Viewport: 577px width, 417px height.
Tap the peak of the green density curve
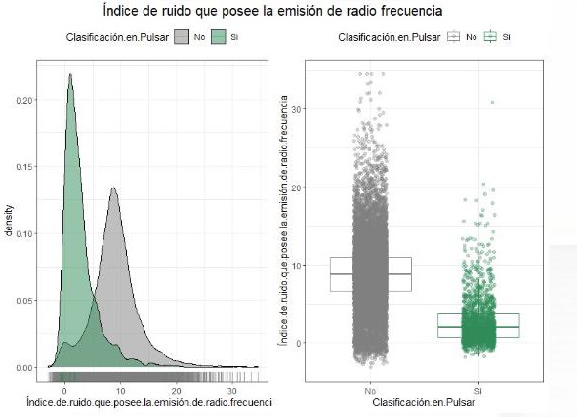click(x=70, y=74)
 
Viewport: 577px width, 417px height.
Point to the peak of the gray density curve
click(x=114, y=189)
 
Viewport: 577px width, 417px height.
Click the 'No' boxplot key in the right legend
click(x=453, y=37)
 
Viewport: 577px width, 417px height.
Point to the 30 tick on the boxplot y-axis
click(x=299, y=109)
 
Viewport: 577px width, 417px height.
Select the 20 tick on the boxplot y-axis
click(x=299, y=188)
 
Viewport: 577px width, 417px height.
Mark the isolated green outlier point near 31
click(x=492, y=102)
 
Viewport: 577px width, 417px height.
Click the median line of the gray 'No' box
click(x=357, y=274)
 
